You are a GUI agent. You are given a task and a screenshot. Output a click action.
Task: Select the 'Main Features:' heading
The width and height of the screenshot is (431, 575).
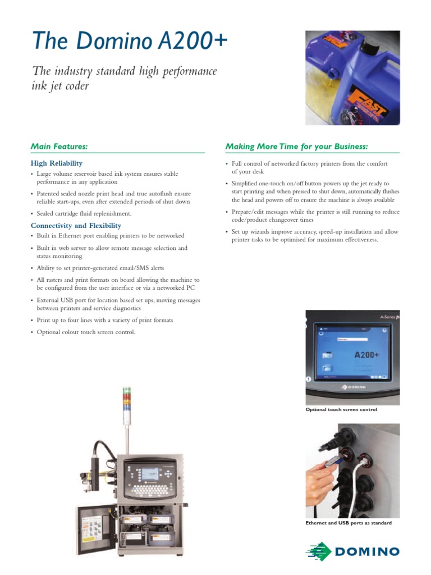pos(59,147)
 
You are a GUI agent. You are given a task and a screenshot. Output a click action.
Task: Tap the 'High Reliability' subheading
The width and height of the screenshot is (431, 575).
pos(56,163)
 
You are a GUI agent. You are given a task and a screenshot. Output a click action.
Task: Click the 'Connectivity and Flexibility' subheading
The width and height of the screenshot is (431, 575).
pos(76,226)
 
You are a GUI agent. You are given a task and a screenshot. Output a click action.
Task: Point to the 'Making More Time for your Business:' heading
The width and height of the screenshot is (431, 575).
pos(296,147)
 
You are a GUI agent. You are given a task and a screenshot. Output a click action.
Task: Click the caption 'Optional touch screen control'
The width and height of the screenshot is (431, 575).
pos(341,410)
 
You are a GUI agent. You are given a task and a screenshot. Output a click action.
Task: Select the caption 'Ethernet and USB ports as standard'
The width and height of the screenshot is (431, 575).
pos(348,523)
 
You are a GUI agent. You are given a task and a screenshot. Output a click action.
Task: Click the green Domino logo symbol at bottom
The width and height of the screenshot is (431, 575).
pos(318,551)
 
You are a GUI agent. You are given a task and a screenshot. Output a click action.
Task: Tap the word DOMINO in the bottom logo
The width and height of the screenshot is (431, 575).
pos(367,551)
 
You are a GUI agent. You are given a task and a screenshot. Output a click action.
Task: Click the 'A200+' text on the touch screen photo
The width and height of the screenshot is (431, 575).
pos(367,355)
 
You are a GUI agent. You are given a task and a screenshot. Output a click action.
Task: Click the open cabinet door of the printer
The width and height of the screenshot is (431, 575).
pos(94,533)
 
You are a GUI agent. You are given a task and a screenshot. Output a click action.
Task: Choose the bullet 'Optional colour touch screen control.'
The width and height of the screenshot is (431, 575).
pos(86,332)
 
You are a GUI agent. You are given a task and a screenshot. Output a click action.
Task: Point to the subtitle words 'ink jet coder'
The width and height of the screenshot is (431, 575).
pos(61,86)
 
